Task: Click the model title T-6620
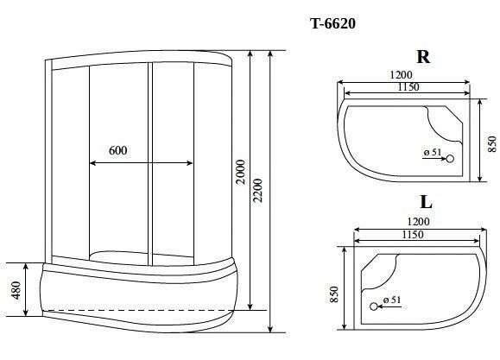(x=332, y=24)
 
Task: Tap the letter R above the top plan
(x=423, y=58)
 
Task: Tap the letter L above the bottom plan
(x=425, y=204)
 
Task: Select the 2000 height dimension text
(x=242, y=176)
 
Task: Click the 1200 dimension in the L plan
(x=415, y=221)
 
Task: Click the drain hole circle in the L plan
(x=375, y=306)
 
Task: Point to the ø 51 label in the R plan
(x=433, y=154)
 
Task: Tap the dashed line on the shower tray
(x=138, y=307)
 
